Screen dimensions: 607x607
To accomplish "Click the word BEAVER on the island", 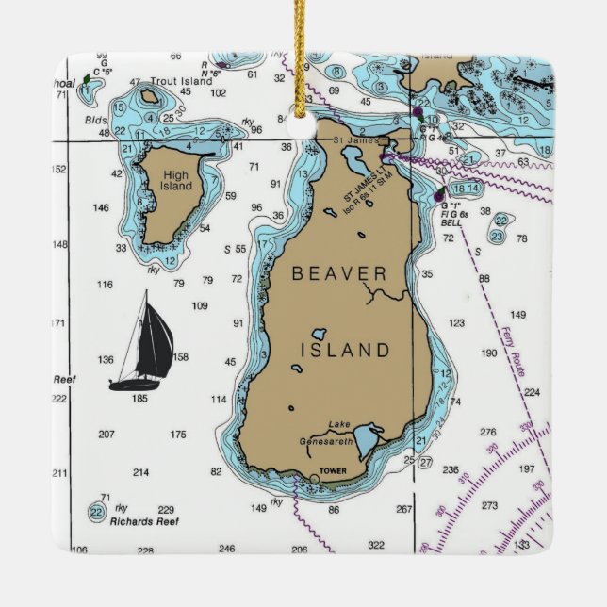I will [x=339, y=274].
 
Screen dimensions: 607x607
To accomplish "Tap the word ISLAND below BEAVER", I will [x=344, y=350].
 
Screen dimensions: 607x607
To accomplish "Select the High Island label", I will [x=175, y=180].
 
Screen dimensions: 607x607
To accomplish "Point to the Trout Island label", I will [x=181, y=82].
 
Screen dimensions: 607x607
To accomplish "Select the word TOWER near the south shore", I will [x=333, y=470].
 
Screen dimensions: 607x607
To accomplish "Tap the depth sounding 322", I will [x=376, y=545].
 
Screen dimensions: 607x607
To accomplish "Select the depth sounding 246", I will [x=226, y=549].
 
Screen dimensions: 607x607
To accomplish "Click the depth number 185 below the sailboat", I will [x=139, y=399].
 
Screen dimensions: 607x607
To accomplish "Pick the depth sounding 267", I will [x=403, y=510].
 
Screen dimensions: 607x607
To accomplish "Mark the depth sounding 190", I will [x=488, y=353].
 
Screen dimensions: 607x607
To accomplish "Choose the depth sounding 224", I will [x=532, y=392].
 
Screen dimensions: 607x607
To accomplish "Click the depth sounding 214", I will [x=140, y=472].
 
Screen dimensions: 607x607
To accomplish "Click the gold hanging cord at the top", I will [x=301, y=57].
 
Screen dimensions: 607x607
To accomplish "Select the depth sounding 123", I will [x=456, y=323].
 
